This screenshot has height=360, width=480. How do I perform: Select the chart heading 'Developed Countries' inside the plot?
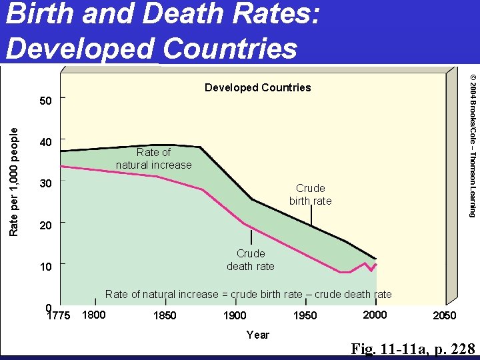(257, 87)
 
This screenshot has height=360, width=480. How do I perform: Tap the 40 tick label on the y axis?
(45, 142)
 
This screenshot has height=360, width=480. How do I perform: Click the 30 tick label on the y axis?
(45, 183)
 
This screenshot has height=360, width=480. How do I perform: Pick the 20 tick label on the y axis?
(45, 225)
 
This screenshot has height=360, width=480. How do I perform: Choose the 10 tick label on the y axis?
(45, 267)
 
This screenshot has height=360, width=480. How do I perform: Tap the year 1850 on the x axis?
(165, 315)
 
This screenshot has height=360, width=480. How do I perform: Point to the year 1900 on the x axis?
(234, 315)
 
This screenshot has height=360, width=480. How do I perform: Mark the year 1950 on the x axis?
(305, 315)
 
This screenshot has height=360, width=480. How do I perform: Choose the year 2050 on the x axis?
(445, 315)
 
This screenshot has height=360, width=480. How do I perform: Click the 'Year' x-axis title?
(257, 335)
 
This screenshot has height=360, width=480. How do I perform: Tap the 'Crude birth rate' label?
(310, 195)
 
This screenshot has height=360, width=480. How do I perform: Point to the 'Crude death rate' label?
(251, 259)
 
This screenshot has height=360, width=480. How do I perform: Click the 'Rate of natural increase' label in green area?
(153, 159)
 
